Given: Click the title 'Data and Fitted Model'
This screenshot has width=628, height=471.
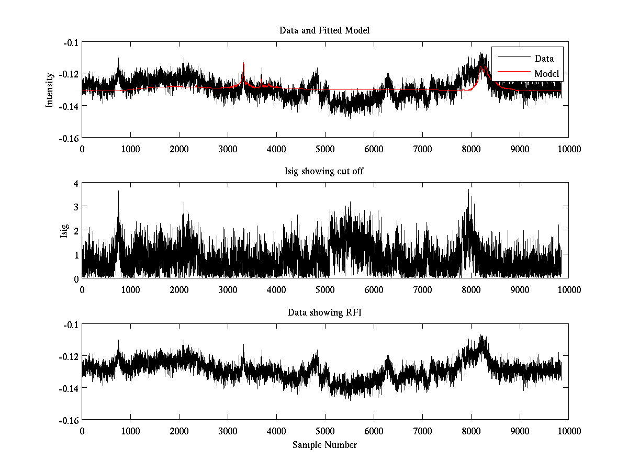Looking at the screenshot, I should coord(324,30).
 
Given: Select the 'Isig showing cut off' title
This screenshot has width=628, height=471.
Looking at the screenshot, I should coord(324,172).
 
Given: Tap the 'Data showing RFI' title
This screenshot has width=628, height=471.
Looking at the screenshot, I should coord(324,312).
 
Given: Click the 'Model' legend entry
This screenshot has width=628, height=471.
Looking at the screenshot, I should coord(546,74).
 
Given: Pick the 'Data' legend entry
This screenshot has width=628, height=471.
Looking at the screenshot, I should coord(544,59).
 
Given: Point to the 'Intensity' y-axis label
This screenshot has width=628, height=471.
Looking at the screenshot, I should coord(50,89).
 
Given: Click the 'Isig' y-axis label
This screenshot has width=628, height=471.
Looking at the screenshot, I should coord(64,231).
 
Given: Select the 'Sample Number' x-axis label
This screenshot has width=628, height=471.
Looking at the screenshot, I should coord(324,445).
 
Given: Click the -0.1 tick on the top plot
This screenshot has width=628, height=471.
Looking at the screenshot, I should coord(70,42).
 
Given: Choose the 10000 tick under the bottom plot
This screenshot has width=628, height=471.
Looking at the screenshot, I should coord(568,431).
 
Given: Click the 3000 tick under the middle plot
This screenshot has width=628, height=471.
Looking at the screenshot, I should coord(228,289).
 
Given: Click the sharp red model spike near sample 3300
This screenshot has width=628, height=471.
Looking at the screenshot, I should coord(243,64).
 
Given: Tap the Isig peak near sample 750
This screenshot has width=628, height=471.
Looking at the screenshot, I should coord(118,192).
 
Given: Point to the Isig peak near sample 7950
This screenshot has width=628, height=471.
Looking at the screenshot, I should coord(468,190).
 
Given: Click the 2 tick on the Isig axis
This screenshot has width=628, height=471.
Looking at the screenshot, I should coord(75,231).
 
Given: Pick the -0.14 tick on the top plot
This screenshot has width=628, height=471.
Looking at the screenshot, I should coord(69,106).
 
